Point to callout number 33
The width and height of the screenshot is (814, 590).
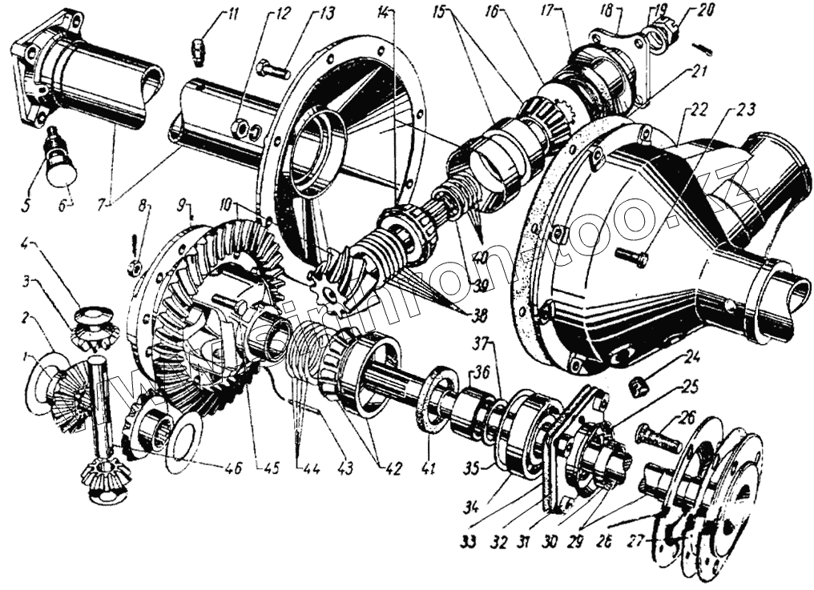pos(469,542)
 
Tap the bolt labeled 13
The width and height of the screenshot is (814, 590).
pos(273,70)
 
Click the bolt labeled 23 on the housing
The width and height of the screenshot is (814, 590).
pos(632,256)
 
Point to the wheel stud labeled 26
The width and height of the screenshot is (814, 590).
pos(656,436)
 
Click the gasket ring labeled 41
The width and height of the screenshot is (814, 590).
pos(433,400)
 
